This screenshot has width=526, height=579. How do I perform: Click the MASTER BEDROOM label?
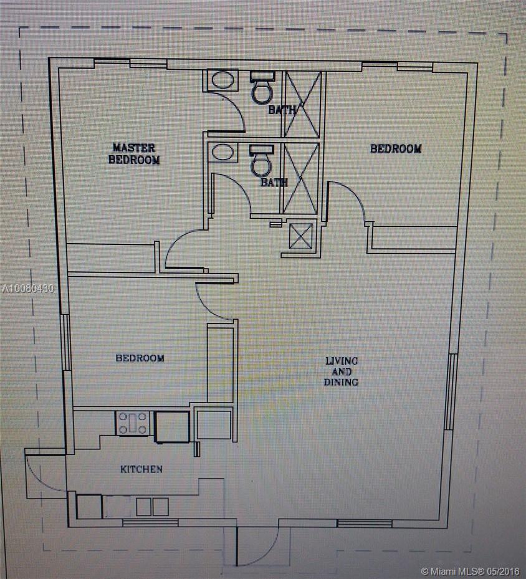[133, 153]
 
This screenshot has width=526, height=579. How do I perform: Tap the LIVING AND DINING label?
[341, 371]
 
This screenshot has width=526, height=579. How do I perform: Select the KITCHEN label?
[141, 469]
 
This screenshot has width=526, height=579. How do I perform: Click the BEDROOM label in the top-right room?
[396, 148]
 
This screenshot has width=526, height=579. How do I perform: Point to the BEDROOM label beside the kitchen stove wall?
[140, 358]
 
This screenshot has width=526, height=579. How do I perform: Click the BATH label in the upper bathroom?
[282, 110]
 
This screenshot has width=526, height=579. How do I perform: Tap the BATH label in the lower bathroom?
[274, 183]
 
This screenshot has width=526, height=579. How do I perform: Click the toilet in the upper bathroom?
[262, 87]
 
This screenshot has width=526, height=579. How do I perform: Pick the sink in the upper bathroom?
[222, 80]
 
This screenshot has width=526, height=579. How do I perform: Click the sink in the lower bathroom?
[222, 152]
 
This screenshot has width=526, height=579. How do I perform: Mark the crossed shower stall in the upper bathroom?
[304, 104]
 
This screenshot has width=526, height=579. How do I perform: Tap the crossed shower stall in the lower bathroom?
[301, 178]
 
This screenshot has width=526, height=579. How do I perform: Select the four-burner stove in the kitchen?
[133, 423]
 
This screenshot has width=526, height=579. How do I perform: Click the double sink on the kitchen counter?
[153, 507]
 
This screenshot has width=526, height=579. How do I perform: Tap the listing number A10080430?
[28, 289]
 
